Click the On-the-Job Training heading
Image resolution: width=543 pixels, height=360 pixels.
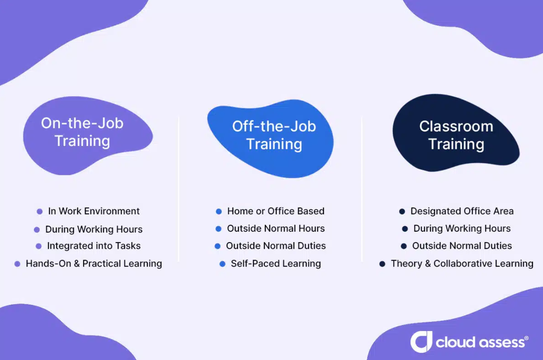coord(82,132)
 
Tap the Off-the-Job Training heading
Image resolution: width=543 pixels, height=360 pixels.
coord(274,135)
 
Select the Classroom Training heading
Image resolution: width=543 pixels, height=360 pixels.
coord(456,135)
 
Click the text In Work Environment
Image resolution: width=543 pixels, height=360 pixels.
coord(94,211)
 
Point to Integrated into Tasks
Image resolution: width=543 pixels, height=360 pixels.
coord(94,246)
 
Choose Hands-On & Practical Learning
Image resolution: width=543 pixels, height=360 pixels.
coord(94,263)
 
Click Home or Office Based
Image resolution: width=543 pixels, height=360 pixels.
coord(276,211)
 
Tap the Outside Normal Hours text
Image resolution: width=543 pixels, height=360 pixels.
coord(276,229)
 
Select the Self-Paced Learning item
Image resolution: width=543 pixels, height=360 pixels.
coord(276,263)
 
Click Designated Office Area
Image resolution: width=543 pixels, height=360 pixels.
coord(462,211)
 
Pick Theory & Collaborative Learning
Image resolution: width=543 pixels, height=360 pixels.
coord(462,263)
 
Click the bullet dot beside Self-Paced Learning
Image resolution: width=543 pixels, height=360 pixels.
coord(222,264)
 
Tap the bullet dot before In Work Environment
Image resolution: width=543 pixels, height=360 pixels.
coord(40,211)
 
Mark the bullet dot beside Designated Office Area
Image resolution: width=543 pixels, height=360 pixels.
coord(402,211)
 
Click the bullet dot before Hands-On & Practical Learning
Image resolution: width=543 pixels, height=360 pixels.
coord(17,264)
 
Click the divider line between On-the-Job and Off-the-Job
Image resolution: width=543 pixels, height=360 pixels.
coord(179,189)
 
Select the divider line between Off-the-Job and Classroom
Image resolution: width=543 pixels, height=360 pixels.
coord(362,189)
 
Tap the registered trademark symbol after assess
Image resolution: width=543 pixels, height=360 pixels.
coord(527,337)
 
